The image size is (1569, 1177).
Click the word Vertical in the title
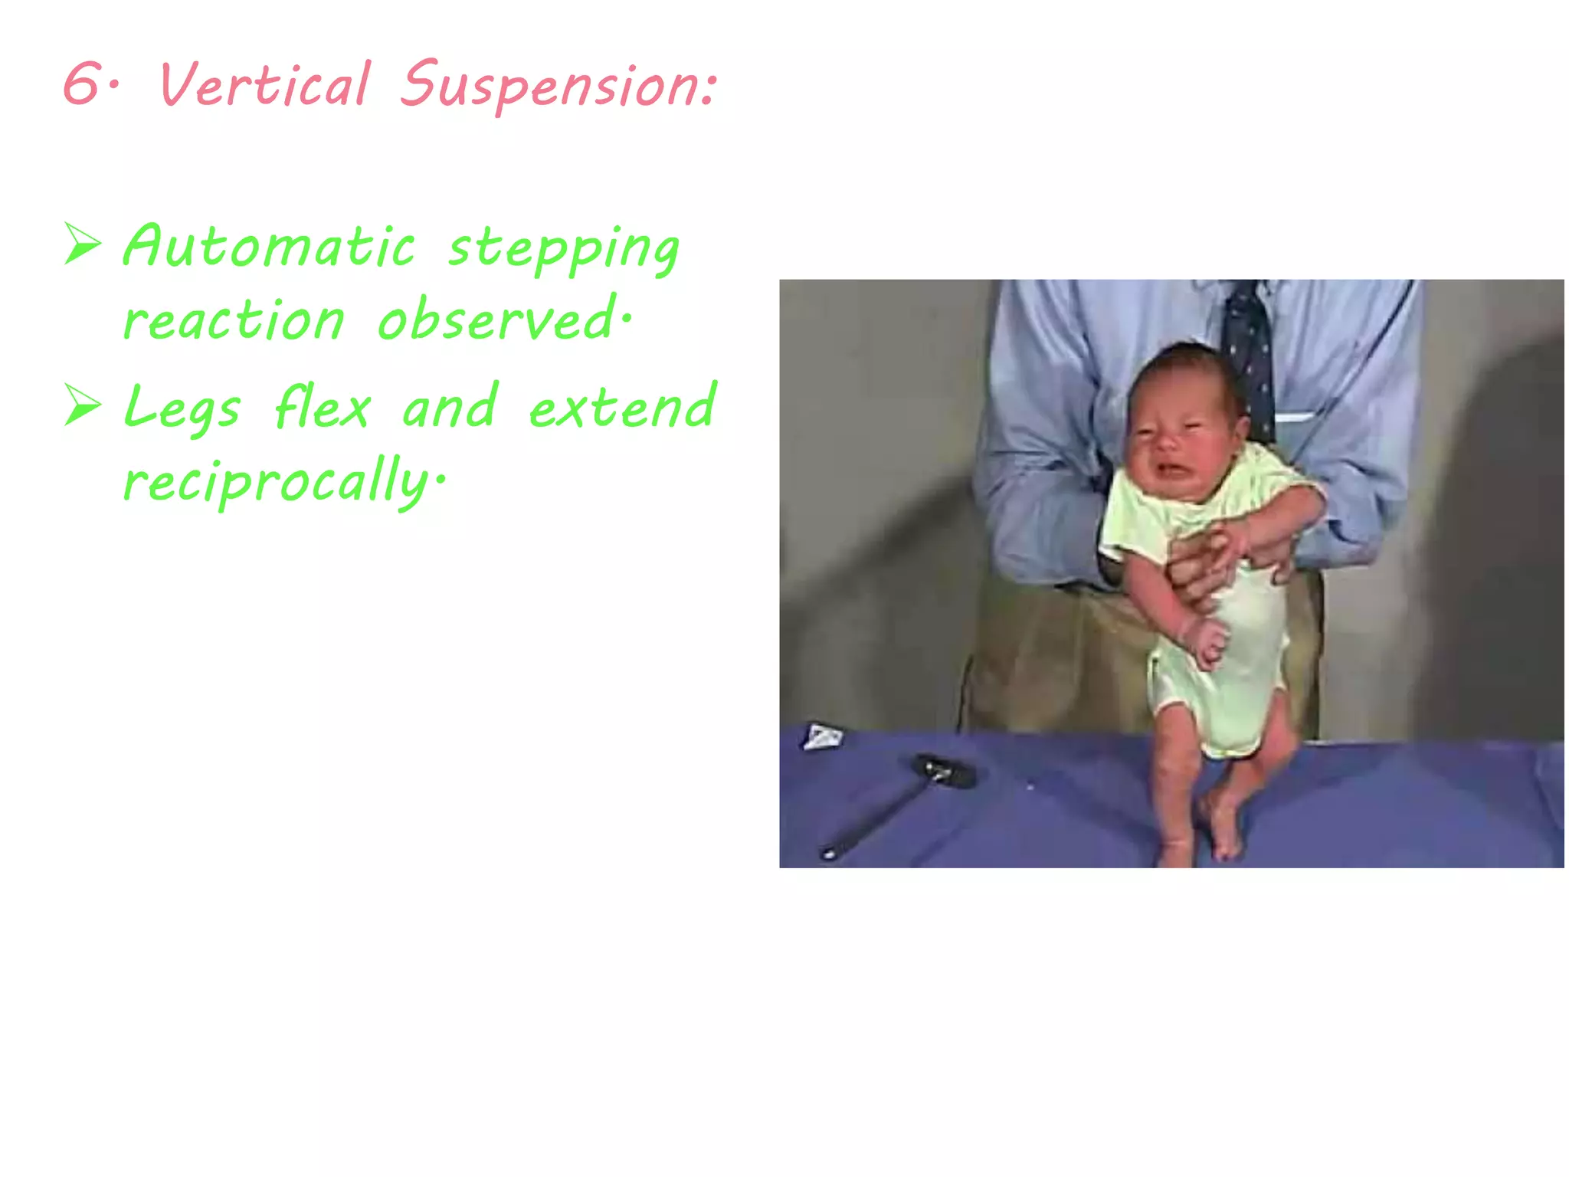(x=264, y=84)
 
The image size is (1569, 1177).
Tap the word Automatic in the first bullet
(x=268, y=247)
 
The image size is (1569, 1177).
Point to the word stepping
(x=563, y=250)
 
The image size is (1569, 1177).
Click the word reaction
(x=234, y=320)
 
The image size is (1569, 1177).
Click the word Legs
(x=182, y=408)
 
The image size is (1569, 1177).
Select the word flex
(x=323, y=406)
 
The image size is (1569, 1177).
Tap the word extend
(x=622, y=406)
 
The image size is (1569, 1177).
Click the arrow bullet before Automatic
(x=83, y=244)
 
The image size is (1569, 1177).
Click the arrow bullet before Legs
(x=83, y=405)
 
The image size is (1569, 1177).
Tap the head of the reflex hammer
(x=945, y=771)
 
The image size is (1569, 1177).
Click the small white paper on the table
(x=821, y=737)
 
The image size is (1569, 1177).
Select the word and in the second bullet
(x=450, y=406)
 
